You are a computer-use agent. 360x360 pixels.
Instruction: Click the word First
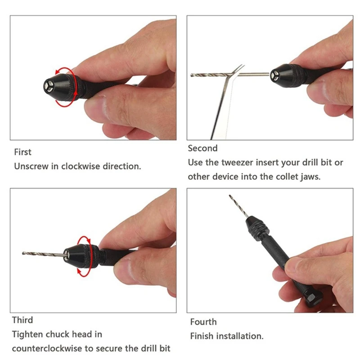pyautogui.click(x=22, y=152)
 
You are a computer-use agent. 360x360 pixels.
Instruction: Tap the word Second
pyautogui.click(x=202, y=148)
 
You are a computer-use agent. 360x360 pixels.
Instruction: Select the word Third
pyautogui.click(x=22, y=320)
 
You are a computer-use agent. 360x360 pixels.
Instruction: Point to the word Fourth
pyautogui.click(x=203, y=322)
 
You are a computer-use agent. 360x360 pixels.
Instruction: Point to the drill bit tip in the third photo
pyautogui.click(x=24, y=253)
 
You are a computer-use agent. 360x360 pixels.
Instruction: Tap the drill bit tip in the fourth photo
pyautogui.click(x=230, y=197)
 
